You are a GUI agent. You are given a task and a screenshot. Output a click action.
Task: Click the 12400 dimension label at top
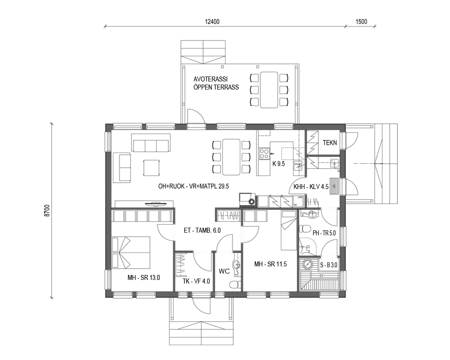pyautogui.click(x=211, y=22)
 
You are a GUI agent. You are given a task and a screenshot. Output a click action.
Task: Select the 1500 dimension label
pyautogui.click(x=361, y=22)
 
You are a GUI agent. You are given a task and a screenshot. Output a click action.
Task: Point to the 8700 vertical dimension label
pyautogui.click(x=47, y=211)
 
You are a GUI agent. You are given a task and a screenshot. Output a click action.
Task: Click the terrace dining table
pyautogui.click(x=269, y=90)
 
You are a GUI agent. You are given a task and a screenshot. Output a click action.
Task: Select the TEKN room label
pyautogui.click(x=330, y=143)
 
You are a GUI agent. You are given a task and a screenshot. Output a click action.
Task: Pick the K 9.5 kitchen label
pyautogui.click(x=279, y=164)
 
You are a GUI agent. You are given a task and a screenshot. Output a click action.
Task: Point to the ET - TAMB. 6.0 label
pyautogui.click(x=202, y=230)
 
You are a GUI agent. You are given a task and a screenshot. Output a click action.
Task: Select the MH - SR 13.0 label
pyautogui.click(x=144, y=278)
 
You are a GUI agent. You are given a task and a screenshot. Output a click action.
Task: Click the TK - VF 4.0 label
pyautogui.click(x=196, y=282)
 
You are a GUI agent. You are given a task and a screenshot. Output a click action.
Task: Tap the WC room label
pyautogui.click(x=225, y=272)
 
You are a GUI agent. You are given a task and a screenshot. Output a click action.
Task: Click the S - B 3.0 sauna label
pyautogui.click(x=328, y=265)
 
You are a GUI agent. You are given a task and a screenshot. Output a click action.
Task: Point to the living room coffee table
pyautogui.click(x=151, y=168)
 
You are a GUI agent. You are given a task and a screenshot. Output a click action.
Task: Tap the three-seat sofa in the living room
pyautogui.click(x=151, y=143)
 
